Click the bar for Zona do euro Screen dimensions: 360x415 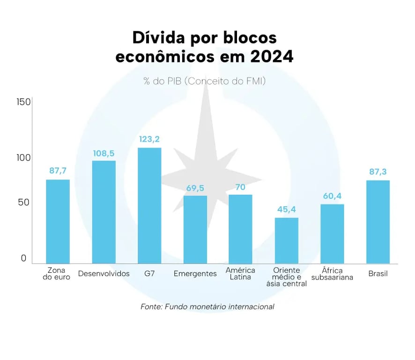click(58, 221)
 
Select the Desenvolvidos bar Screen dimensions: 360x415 click(104, 212)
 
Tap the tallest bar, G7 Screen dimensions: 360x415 click(149, 205)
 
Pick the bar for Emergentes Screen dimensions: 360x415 click(195, 229)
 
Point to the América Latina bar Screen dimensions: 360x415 click(240, 229)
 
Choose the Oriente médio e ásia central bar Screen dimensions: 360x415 click(286, 240)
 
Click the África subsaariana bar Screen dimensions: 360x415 click(332, 233)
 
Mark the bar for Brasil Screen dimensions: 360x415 click(378, 222)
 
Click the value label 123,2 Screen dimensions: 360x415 click(149, 139)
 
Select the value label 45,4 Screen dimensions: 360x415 click(286, 209)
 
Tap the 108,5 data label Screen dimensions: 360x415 click(104, 153)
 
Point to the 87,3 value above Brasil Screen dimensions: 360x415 click(378, 172)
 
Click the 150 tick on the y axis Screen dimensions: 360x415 click(23, 102)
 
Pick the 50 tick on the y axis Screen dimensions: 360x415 click(23, 203)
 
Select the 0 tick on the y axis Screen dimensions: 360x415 click(23, 258)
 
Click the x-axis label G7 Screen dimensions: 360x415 click(149, 274)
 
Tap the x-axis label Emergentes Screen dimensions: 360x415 click(195, 274)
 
